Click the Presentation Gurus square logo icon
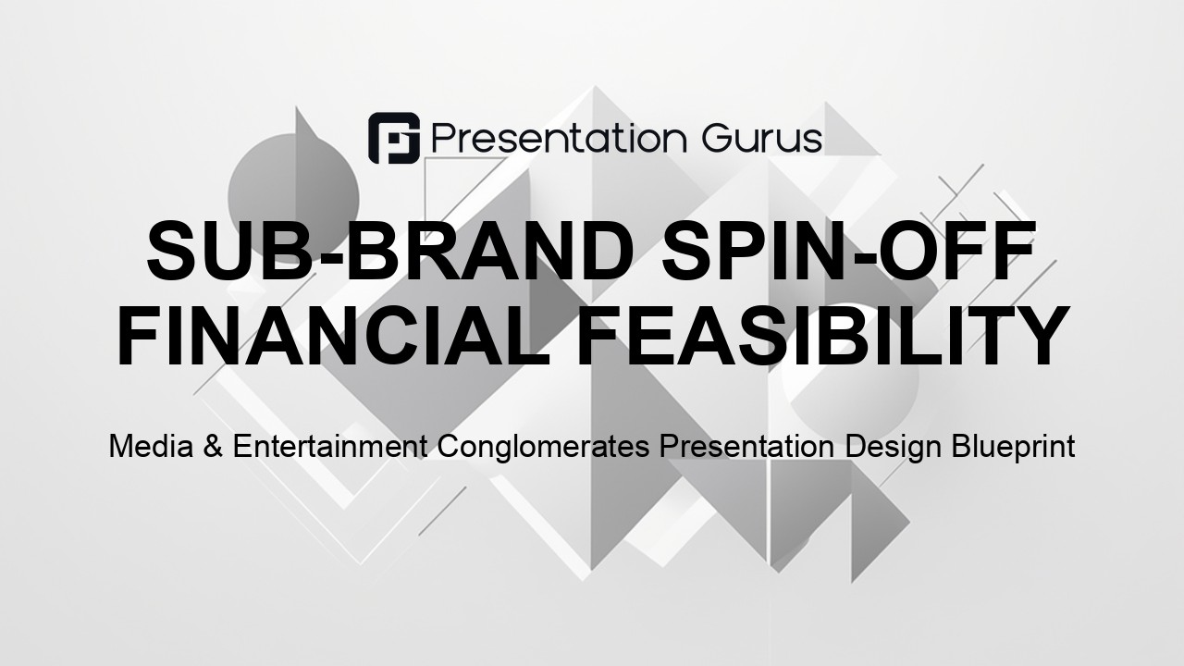click(394, 138)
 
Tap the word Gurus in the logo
click(762, 139)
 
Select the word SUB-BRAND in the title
click(389, 250)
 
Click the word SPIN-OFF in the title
click(848, 250)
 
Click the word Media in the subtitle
click(151, 446)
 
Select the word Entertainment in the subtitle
click(330, 446)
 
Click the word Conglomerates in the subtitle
click(543, 448)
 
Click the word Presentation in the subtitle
click(746, 446)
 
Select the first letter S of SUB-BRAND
click(172, 250)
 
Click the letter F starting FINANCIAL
click(139, 336)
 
